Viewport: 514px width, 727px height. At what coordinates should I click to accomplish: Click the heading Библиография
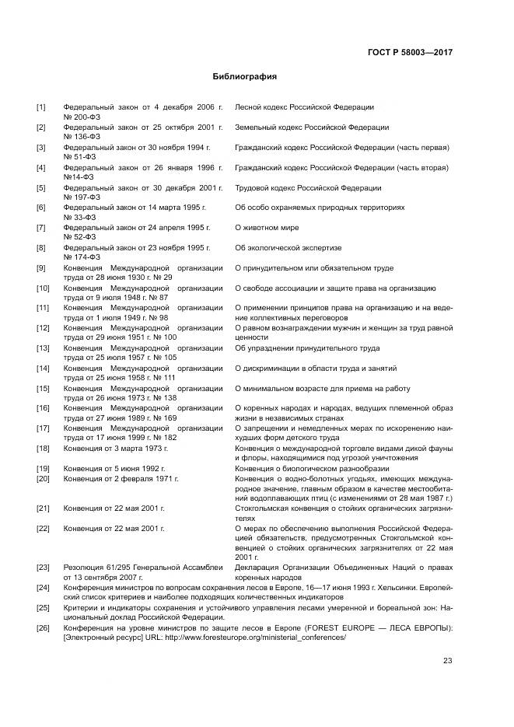(x=245, y=77)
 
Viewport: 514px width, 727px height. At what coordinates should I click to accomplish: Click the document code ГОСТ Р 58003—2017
(x=410, y=52)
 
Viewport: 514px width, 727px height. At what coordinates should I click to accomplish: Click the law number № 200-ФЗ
(x=82, y=116)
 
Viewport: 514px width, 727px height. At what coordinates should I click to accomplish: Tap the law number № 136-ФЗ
(x=82, y=136)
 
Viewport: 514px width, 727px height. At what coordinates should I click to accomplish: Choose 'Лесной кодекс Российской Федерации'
(x=304, y=107)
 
